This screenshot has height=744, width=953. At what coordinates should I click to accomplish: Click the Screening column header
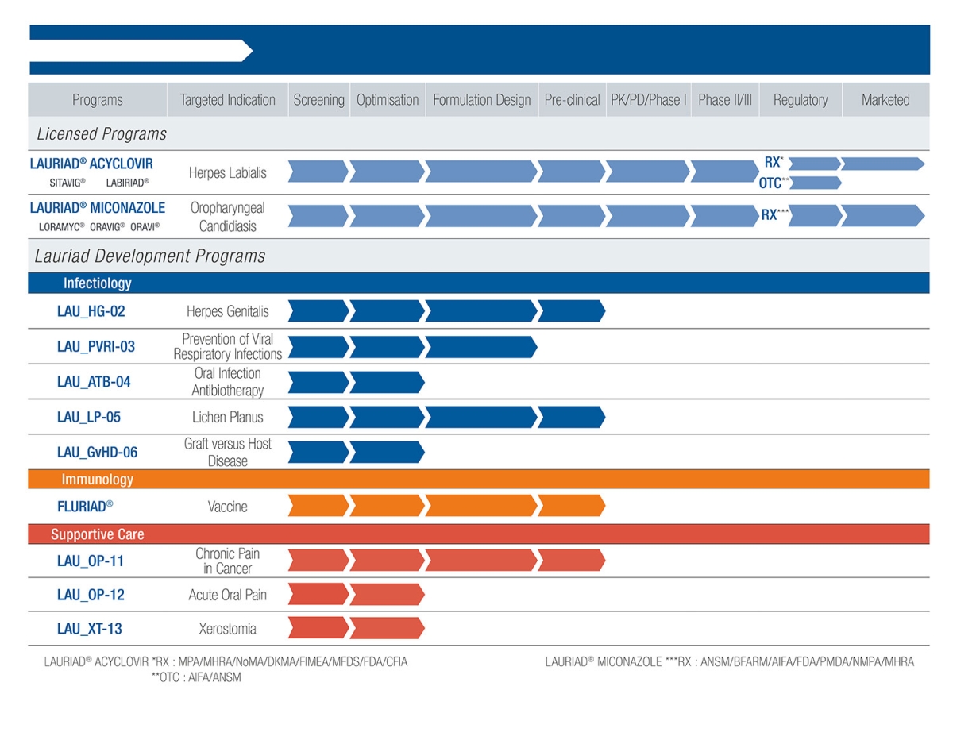318,100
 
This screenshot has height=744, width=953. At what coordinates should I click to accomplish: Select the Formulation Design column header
481,100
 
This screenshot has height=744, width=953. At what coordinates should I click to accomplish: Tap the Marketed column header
885,100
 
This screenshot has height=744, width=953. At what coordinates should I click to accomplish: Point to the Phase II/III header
724,100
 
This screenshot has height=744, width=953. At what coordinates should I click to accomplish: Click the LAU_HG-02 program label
91,311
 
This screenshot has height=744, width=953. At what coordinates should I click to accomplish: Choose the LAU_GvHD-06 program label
97,453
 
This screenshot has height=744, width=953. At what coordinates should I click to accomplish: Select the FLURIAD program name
85,507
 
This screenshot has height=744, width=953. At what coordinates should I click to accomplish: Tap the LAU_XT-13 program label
90,630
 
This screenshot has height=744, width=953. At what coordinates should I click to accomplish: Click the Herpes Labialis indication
227,172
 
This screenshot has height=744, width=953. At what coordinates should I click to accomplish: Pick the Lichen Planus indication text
227,417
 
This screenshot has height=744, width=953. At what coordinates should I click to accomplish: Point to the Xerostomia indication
227,630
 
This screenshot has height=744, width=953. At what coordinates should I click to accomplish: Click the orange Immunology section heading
97,480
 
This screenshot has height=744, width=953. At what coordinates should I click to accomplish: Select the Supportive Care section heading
97,534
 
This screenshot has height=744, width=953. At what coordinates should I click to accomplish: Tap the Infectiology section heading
97,283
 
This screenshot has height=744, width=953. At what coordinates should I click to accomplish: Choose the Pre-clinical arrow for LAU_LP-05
571,417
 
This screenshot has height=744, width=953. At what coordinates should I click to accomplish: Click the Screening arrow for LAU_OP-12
318,595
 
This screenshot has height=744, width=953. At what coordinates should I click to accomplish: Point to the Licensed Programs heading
102,134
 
